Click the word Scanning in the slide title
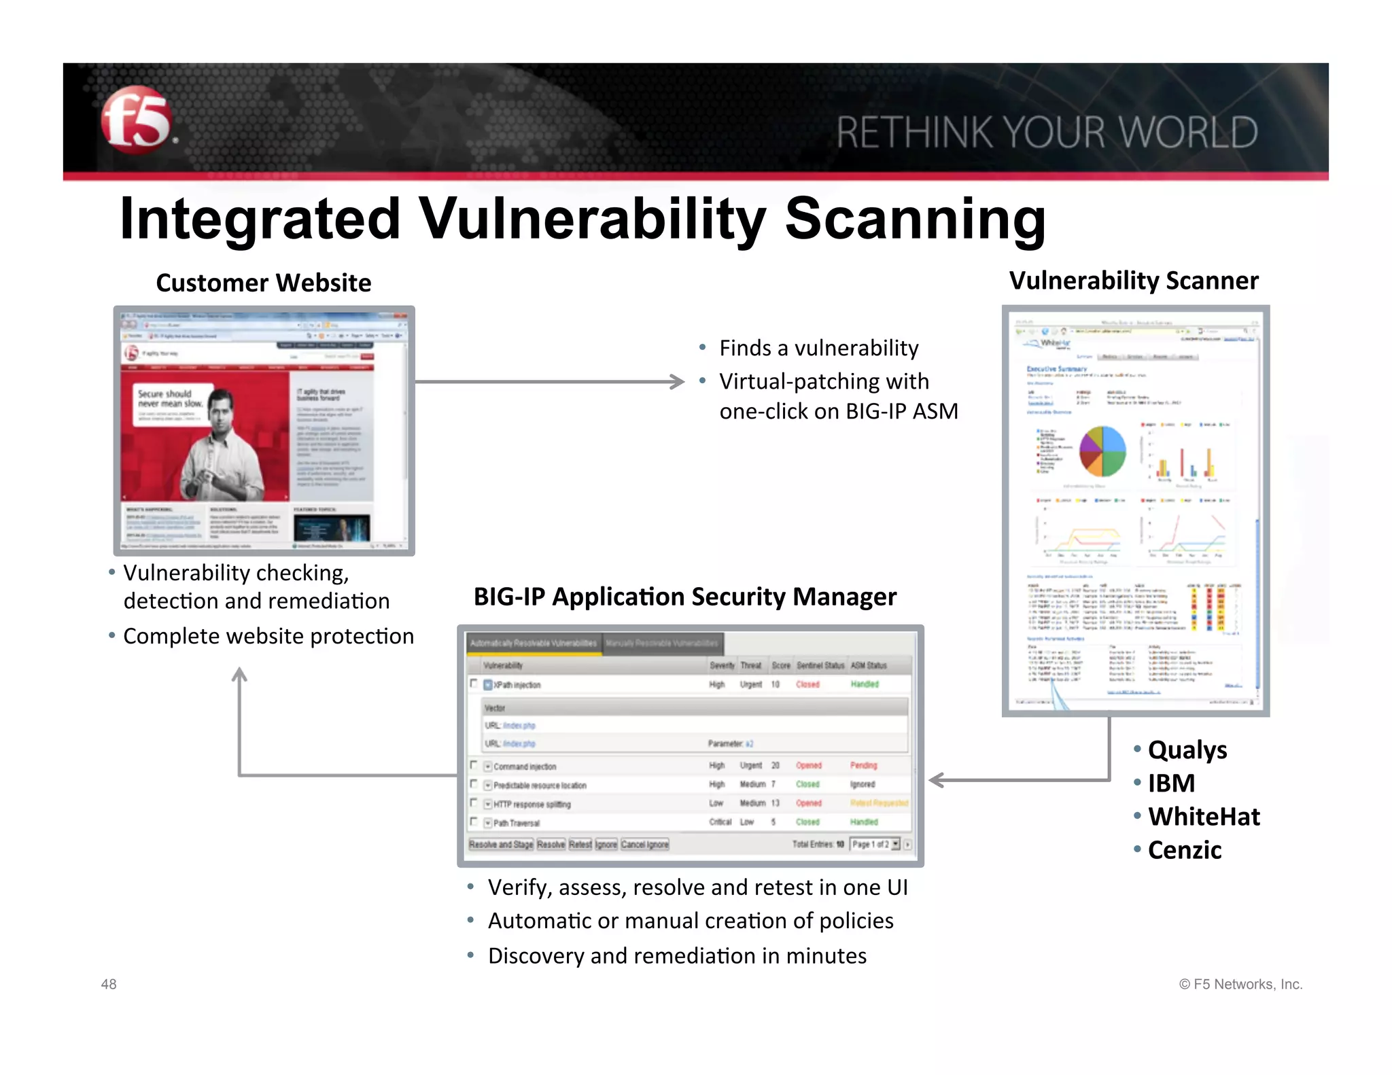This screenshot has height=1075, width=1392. (x=915, y=219)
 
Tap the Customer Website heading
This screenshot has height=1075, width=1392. (x=263, y=283)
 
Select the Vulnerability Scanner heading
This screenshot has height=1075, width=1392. (x=1133, y=280)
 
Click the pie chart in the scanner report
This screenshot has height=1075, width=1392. (x=1102, y=451)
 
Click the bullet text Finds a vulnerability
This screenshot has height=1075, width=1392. (x=818, y=348)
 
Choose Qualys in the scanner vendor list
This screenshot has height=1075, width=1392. (x=1187, y=750)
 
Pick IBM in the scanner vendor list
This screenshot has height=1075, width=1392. (x=1170, y=783)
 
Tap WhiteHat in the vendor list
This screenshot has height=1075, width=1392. (x=1203, y=816)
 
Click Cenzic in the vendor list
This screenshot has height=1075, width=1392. (x=1184, y=850)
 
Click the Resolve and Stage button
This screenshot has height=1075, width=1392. (x=501, y=844)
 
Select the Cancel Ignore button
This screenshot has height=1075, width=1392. (x=644, y=844)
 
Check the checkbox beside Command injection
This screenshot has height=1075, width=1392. (x=474, y=765)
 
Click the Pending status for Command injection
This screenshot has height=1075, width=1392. (x=863, y=765)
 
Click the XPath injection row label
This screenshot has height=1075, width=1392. (x=517, y=685)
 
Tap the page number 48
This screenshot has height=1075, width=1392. (x=109, y=984)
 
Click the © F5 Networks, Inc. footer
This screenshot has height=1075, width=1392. (x=1240, y=984)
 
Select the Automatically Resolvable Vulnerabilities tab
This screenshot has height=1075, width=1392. (x=534, y=643)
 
